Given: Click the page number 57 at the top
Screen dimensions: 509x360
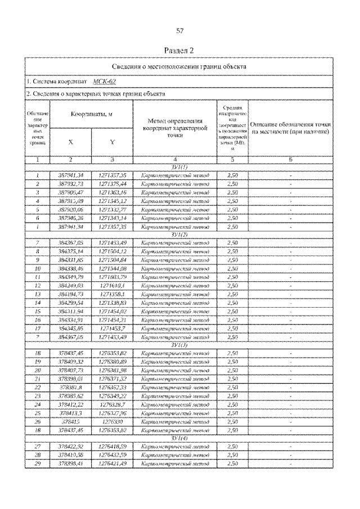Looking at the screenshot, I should pyautogui.click(x=180, y=31).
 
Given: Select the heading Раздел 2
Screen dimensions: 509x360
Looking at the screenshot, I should pyautogui.click(x=180, y=50).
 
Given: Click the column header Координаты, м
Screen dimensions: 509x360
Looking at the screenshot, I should pyautogui.click(x=91, y=115).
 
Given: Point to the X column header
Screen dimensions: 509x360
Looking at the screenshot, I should pyautogui.click(x=70, y=142).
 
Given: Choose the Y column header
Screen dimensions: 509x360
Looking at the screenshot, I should pyautogui.click(x=112, y=142).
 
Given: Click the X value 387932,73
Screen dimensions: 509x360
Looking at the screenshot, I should pyautogui.click(x=71, y=183).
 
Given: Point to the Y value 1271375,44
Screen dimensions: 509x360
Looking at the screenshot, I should pyautogui.click(x=113, y=183).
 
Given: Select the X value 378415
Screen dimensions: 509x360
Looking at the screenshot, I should pyautogui.click(x=71, y=421).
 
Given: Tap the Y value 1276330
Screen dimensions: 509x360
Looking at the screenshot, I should pyautogui.click(x=113, y=421).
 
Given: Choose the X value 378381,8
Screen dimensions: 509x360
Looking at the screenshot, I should pyautogui.click(x=71, y=388).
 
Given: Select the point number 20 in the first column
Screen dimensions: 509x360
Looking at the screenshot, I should pyautogui.click(x=36, y=371).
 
